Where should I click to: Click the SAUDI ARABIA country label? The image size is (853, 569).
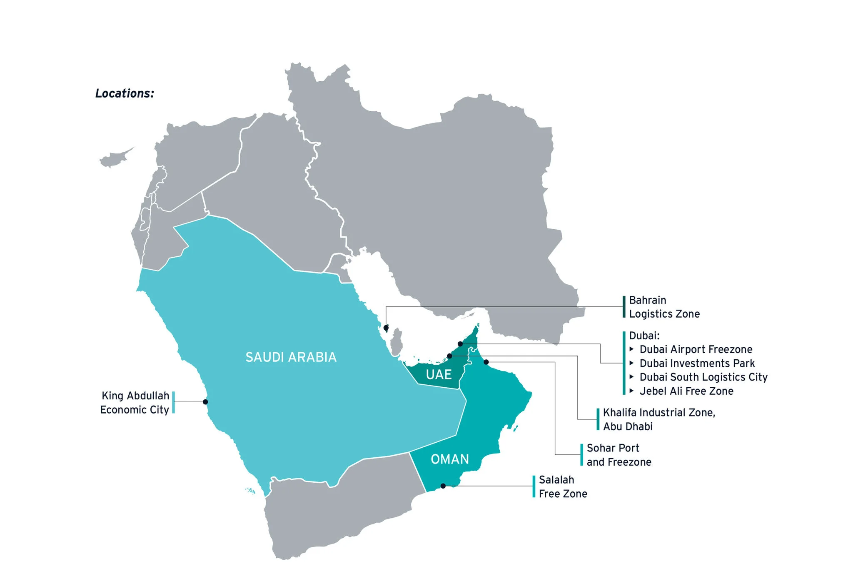coord(291,357)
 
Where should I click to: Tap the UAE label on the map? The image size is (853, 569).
coord(439,374)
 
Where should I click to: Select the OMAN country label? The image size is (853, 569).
coord(450,459)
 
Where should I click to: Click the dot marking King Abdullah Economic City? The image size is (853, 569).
coord(205,402)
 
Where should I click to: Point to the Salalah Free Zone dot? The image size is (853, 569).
coord(443,486)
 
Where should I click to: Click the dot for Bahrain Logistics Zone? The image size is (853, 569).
coord(386,328)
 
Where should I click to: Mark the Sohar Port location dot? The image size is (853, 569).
coord(486,362)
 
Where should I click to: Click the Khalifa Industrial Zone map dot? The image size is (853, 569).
coord(449,356)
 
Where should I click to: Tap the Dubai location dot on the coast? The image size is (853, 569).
coord(460,344)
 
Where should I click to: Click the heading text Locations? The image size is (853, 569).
coord(125,93)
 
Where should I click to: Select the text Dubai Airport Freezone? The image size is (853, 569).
coord(696,349)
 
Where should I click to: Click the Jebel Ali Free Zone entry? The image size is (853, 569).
coord(686,391)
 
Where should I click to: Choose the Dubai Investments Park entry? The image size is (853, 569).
coord(697,363)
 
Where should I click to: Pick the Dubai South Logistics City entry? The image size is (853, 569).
coord(703,377)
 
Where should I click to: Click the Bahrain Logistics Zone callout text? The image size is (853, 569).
coord(664,307)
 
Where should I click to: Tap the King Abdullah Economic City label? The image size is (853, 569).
coord(135,403)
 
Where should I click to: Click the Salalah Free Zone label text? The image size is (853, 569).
coord(563,486)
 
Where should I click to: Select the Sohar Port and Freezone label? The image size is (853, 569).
coord(619,455)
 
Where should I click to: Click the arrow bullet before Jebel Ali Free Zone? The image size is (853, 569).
coord(632,391)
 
